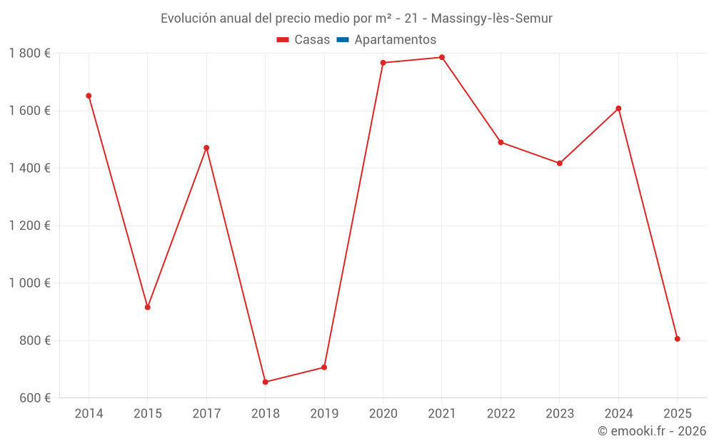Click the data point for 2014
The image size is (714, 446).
[89, 96]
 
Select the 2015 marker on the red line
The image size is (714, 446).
[148, 307]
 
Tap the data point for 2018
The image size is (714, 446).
[266, 382]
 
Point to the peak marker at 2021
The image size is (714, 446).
[442, 57]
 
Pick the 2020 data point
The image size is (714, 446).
[383, 63]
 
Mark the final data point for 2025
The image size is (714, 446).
[677, 339]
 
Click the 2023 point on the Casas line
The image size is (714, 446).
[560, 163]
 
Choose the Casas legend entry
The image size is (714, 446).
[303, 39]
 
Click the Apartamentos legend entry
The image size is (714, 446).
[386, 39]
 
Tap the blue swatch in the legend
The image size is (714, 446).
[343, 39]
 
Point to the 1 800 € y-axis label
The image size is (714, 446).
[29, 54]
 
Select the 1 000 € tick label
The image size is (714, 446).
[29, 283]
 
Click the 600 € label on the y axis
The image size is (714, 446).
[35, 397]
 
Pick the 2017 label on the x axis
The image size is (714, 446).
[206, 413]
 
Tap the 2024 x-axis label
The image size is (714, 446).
[618, 413]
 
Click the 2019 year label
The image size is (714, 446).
[324, 413]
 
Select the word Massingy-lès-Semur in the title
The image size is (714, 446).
[492, 19]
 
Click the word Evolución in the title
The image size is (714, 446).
[188, 19]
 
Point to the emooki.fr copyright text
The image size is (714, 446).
[652, 430]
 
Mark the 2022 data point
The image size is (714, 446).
[501, 143]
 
